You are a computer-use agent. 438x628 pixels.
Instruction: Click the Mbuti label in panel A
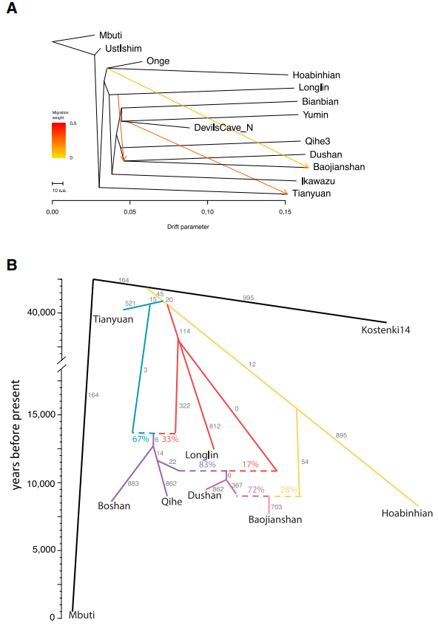click(110, 35)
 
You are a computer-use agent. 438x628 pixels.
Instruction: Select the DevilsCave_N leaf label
click(223, 127)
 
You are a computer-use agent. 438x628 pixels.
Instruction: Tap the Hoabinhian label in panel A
click(316, 75)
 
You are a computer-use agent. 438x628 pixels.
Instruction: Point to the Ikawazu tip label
click(318, 181)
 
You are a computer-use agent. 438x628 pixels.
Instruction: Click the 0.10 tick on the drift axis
click(207, 211)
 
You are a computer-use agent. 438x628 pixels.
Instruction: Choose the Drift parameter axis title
click(188, 227)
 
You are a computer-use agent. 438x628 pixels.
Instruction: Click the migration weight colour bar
click(58, 140)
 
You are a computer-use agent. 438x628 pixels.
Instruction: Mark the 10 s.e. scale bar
click(58, 183)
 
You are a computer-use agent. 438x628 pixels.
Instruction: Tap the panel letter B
click(12, 264)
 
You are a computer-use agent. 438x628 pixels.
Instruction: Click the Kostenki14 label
click(385, 330)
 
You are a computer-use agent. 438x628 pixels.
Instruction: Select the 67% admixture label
click(141, 439)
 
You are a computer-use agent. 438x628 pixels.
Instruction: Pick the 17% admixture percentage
click(250, 464)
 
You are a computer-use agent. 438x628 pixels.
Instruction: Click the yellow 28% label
click(288, 489)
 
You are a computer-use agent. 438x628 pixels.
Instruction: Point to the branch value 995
click(249, 298)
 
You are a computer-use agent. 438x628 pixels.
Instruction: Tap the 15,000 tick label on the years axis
click(41, 414)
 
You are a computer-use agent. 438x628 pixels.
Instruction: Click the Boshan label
click(114, 506)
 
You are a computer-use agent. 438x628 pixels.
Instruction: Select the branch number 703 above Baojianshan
click(277, 507)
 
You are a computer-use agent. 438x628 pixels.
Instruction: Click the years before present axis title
click(16, 434)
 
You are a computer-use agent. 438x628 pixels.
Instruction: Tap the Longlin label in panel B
click(201, 455)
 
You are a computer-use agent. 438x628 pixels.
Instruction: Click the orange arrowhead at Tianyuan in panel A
click(286, 193)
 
